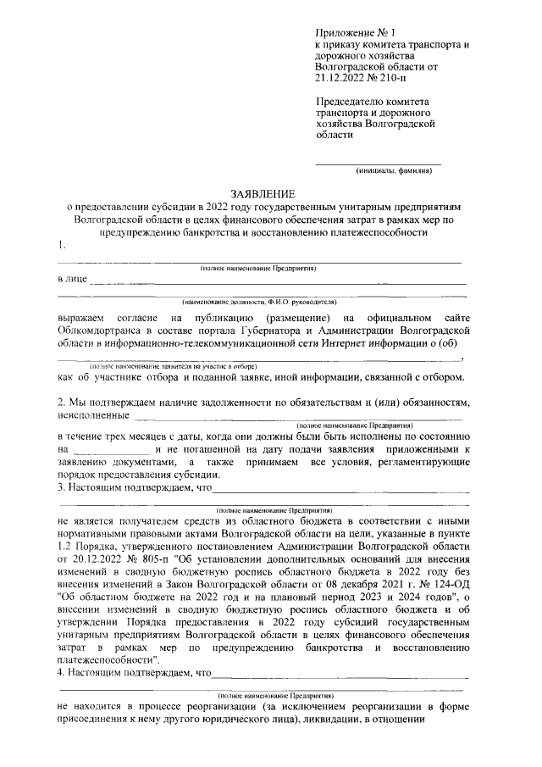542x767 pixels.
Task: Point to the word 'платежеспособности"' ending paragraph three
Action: (x=104, y=659)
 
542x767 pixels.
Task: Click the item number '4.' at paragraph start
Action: (x=62, y=673)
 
